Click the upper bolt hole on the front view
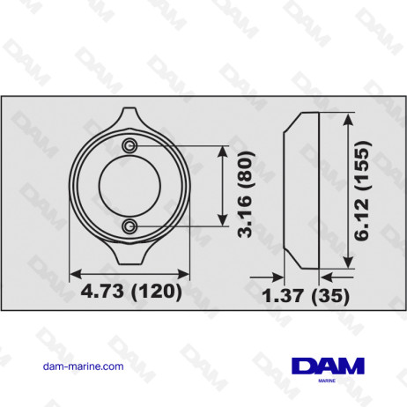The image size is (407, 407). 129,145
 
